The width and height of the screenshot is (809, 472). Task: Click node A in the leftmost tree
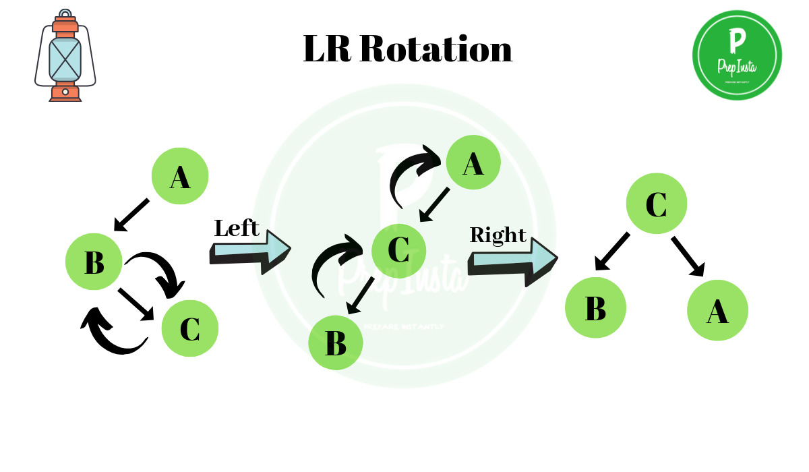(180, 177)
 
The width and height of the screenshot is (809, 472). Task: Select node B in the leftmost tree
(94, 262)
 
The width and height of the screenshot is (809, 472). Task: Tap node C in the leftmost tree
(190, 328)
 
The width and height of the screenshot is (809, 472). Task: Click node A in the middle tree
(473, 163)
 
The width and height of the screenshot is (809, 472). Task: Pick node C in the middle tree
(398, 249)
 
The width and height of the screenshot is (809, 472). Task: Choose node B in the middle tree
(336, 343)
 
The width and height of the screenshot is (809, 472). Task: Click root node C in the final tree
(656, 204)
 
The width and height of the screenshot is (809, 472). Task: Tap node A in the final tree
(717, 310)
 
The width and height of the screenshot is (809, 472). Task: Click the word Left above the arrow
(237, 229)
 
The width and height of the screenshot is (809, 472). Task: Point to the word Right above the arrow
(498, 235)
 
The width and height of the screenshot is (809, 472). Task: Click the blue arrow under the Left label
(251, 252)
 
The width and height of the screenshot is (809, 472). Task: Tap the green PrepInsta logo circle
(737, 55)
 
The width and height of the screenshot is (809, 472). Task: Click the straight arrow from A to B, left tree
(131, 214)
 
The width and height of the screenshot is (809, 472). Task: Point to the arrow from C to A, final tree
(688, 256)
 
